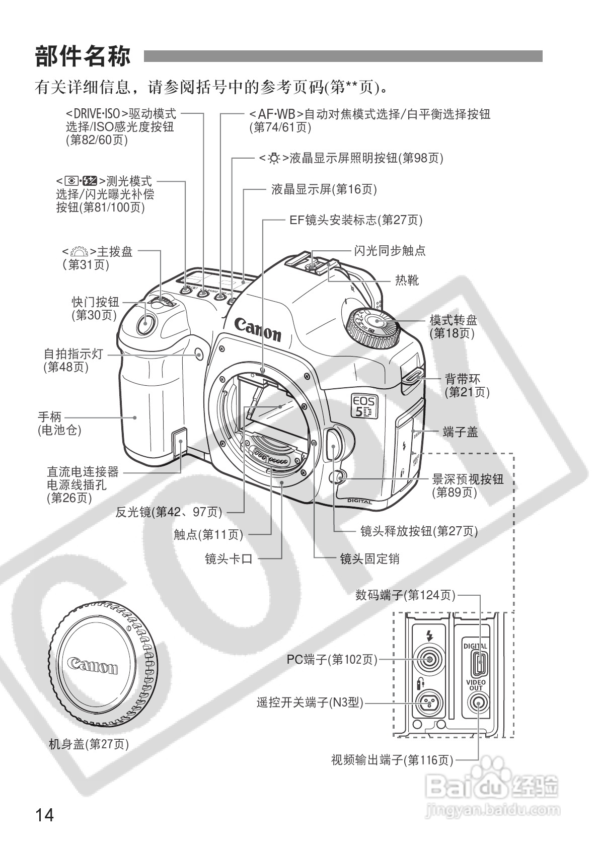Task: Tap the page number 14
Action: pos(44,814)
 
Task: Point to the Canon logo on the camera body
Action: pos(258,328)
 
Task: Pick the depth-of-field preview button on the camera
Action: pos(339,476)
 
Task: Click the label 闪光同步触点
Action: pos(390,250)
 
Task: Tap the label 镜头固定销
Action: pos(369,558)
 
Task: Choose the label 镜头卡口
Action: pos(229,558)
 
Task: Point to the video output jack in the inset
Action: pos(476,704)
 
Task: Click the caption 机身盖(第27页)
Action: pos(89,744)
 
